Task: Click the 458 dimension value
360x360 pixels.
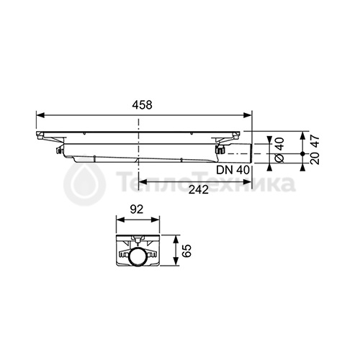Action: pyautogui.click(x=142, y=105)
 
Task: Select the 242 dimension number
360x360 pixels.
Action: pyautogui.click(x=199, y=190)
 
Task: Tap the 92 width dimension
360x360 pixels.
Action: pyautogui.click(x=137, y=210)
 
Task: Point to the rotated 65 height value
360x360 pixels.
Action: pyautogui.click(x=186, y=251)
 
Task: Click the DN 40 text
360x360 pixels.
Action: pyautogui.click(x=233, y=170)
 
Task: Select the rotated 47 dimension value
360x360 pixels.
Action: pyautogui.click(x=315, y=141)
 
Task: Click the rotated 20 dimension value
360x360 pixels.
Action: pyautogui.click(x=315, y=158)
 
